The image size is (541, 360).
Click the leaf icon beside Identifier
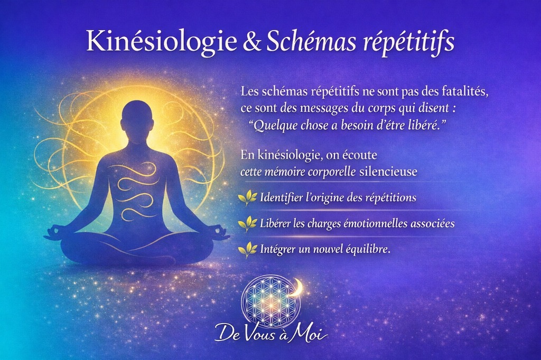pos(248,198)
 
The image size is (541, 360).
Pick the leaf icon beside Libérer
pos(248,223)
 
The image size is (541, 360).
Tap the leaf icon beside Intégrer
pos(248,249)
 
